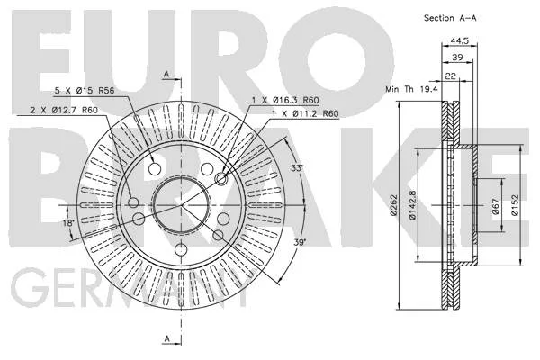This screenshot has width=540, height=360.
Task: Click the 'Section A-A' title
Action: tap(450, 18)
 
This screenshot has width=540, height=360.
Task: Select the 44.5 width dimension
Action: tap(460, 40)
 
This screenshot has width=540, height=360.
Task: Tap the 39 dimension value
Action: tap(457, 58)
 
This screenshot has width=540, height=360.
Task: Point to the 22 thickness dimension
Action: tap(451, 76)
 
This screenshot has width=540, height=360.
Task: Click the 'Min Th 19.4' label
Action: tap(411, 89)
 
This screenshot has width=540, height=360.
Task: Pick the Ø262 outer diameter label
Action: tap(393, 205)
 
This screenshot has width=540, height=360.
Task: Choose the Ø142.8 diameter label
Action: tap(412, 205)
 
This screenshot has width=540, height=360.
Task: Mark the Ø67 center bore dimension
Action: tap(495, 206)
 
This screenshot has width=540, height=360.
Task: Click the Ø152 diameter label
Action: tap(515, 206)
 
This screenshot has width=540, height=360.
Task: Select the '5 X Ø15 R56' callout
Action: tap(85, 91)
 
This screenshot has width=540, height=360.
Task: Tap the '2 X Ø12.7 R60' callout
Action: tap(64, 110)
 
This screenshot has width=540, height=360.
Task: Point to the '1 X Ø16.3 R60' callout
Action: tap(285, 100)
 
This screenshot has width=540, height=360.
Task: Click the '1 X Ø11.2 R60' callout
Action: tap(305, 113)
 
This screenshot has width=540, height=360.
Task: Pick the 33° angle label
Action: tap(297, 168)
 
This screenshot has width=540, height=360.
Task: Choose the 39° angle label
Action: tap(300, 242)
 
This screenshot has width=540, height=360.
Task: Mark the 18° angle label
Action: tap(68, 223)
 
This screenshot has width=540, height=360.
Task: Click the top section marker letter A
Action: tap(166, 74)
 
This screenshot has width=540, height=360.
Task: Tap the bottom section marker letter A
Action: tap(167, 339)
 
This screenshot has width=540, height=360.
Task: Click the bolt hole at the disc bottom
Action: tap(181, 249)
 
